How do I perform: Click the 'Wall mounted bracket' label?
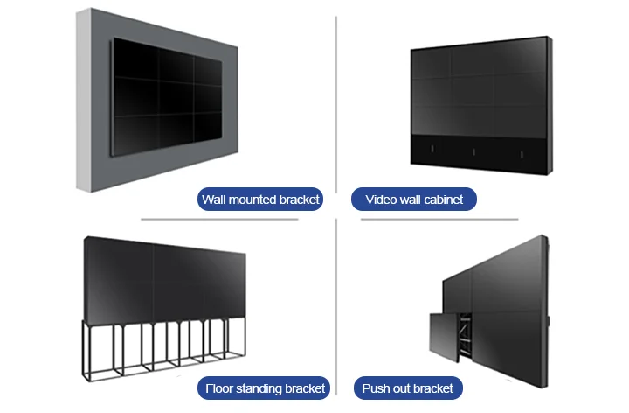pos(260,199)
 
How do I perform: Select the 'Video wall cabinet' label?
pos(414,199)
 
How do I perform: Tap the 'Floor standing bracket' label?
pos(264,388)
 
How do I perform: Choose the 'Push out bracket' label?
pos(408,388)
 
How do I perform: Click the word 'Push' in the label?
pos(374,388)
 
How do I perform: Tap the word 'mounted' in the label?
pos(252,199)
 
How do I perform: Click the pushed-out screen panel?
pos(444,337)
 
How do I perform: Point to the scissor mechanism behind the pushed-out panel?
pos(464,332)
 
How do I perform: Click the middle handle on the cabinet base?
pos(473,152)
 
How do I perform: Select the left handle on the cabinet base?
pos(432,149)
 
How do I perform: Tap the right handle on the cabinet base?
pos(522,154)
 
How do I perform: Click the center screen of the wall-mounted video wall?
pos(176,98)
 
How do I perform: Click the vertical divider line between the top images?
pos(336,104)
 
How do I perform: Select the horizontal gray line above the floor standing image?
pos(219,220)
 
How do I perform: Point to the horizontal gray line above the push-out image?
pos(439,220)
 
